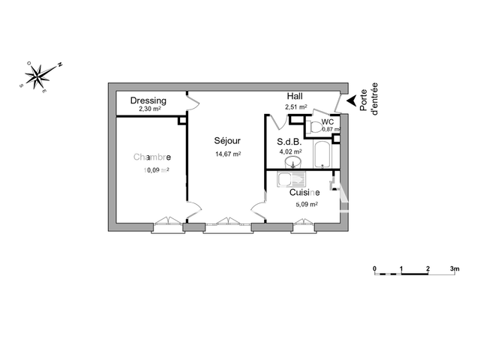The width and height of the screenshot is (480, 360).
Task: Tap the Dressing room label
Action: point(148,100)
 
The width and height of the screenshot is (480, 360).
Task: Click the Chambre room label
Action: point(152,157)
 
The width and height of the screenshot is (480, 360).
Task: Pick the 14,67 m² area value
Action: point(227,154)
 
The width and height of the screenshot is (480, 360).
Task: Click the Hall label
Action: point(295,97)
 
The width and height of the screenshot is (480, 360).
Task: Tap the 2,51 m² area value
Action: point(297,107)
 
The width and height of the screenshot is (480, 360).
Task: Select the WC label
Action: point(328,121)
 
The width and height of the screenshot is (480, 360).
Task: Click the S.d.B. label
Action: point(288,141)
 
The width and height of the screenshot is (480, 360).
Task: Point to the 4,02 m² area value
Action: point(290,151)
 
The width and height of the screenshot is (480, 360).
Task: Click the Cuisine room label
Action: point(305,193)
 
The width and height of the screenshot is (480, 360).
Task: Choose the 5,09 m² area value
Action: point(305,203)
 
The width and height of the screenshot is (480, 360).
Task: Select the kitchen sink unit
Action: point(291,180)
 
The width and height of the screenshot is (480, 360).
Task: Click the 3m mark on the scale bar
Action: point(453,267)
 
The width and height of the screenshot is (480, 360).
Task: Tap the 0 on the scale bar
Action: point(374,267)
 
